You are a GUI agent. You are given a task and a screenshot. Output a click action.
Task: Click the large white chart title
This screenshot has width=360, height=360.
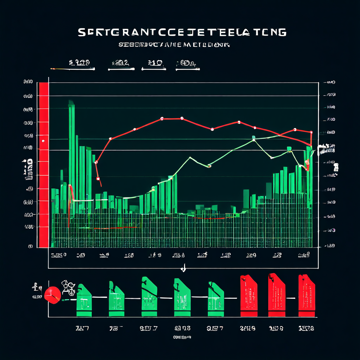click(x=181, y=32)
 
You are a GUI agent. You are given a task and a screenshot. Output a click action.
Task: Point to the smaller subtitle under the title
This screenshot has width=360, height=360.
click(x=174, y=45)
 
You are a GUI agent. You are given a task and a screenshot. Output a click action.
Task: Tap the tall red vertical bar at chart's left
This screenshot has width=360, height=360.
click(x=44, y=165)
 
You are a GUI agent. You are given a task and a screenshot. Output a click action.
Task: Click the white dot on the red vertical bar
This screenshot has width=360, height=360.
click(x=43, y=141)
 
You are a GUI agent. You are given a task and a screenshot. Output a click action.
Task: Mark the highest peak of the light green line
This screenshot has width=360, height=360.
click(x=253, y=137)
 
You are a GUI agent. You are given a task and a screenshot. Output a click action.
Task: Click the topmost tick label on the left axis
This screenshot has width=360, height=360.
click(x=28, y=82)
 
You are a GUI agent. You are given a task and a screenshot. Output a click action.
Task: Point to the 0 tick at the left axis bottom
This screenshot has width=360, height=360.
click(x=30, y=246)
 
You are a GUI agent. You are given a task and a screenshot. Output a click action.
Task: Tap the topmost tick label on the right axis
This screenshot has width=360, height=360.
click(x=331, y=83)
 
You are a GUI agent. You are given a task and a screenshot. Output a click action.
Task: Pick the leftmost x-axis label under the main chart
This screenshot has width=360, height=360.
click(x=58, y=255)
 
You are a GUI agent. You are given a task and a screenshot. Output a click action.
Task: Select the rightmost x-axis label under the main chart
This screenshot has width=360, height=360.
click(x=303, y=255)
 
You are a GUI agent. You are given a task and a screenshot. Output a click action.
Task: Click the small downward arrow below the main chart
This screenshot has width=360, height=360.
click(x=183, y=269)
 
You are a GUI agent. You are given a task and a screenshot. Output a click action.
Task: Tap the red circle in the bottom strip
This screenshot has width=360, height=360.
click(x=53, y=295)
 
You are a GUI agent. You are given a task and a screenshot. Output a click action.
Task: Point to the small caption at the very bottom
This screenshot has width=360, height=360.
click(x=182, y=337)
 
